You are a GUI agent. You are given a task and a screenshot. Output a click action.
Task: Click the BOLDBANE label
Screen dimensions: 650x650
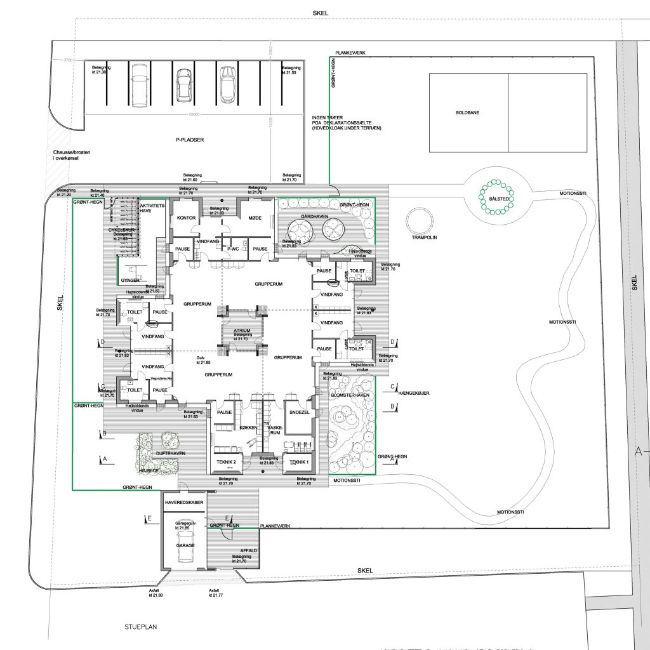click(x=468, y=112)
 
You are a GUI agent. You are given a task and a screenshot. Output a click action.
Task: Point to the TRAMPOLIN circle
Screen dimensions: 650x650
click(x=421, y=220)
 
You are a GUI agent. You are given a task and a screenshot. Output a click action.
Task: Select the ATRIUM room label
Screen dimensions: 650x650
click(x=242, y=331)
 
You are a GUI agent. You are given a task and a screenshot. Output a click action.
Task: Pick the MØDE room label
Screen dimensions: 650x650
click(x=255, y=217)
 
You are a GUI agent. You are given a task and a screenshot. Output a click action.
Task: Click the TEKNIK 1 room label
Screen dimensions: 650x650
click(x=298, y=462)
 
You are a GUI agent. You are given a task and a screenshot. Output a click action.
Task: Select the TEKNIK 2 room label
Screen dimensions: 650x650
click(x=226, y=461)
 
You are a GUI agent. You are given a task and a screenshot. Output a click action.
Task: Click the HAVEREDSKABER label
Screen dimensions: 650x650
click(x=184, y=502)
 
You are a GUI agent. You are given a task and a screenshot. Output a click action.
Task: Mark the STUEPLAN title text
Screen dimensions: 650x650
click(x=140, y=627)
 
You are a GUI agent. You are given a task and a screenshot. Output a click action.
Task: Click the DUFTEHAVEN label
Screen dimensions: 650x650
click(x=170, y=453)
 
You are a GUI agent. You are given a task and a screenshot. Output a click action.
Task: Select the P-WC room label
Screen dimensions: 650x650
click(x=233, y=249)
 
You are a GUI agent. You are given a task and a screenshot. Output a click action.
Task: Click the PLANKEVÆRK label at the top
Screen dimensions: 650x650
click(x=351, y=53)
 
